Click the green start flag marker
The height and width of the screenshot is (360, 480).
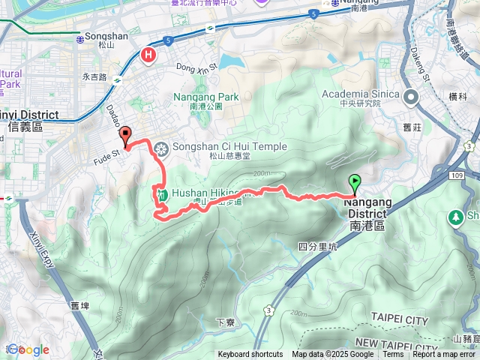click(354, 181)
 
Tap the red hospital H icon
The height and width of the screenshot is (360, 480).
click(148, 55)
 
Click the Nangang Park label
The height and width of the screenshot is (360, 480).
click(205, 97)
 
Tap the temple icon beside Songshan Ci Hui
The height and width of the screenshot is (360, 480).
click(160, 148)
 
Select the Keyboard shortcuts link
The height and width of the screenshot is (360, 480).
click(250, 355)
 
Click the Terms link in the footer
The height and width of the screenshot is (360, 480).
click(393, 355)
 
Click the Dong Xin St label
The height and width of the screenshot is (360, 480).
click(196, 67)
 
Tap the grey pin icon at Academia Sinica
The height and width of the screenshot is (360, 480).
click(411, 97)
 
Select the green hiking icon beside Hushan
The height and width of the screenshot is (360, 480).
click(161, 193)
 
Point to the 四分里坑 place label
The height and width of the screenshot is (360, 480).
click(318, 246)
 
